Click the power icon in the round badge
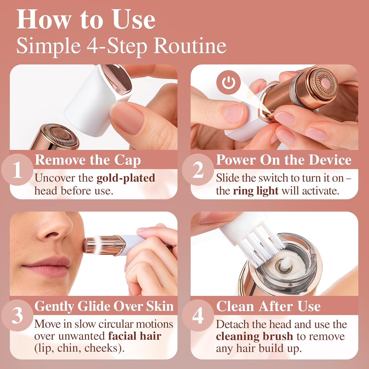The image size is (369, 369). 229,82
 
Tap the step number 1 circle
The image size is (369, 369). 17,170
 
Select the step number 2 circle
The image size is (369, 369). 198,170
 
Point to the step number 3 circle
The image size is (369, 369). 17,316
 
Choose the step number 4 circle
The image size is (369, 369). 198,316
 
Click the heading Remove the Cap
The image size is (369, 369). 88,160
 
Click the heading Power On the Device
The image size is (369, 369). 283,160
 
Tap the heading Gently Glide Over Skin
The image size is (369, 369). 104,306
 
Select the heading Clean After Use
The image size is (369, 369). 268,306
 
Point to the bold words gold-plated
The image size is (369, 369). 126,178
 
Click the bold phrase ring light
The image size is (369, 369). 255,191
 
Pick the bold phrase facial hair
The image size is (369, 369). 135,336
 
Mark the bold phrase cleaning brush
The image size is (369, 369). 254,336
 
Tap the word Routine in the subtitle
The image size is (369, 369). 190,46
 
